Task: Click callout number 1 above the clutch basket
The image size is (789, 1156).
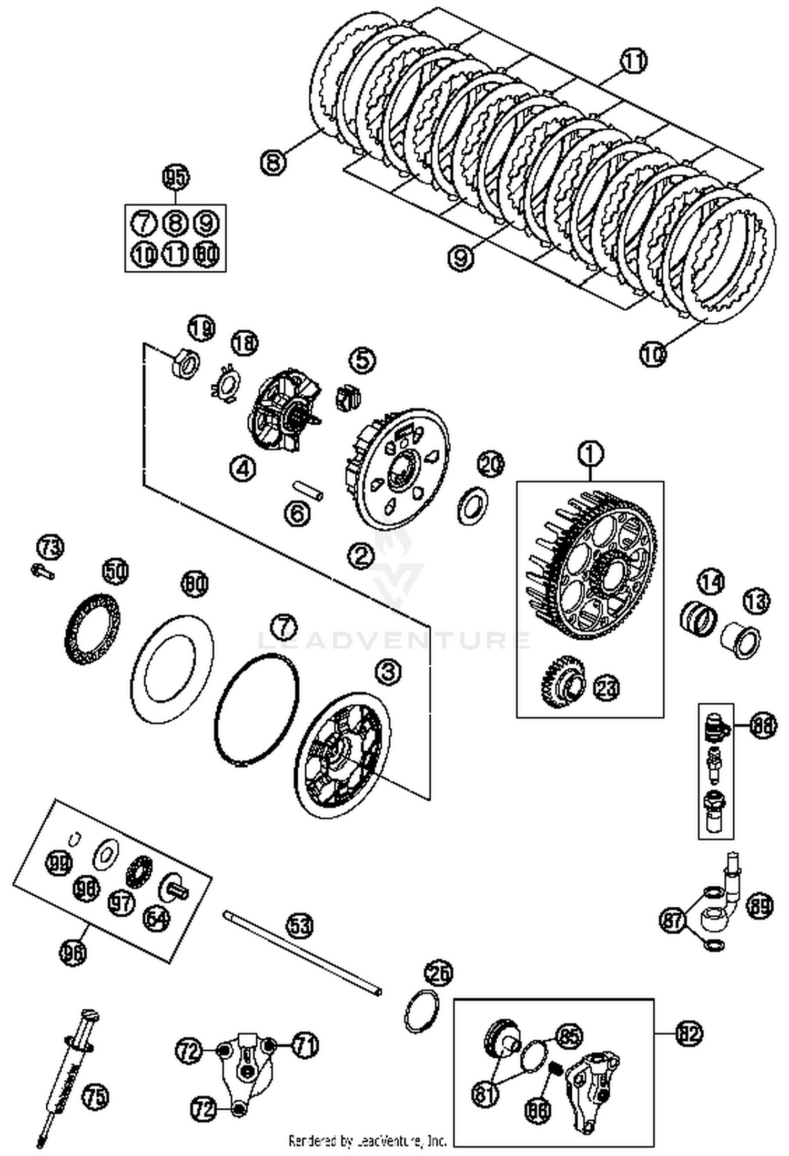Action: pos(591,454)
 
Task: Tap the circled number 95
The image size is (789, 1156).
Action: pos(175,178)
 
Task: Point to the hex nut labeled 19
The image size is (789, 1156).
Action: pos(185,363)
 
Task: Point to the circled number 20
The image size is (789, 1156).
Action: pos(490,465)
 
